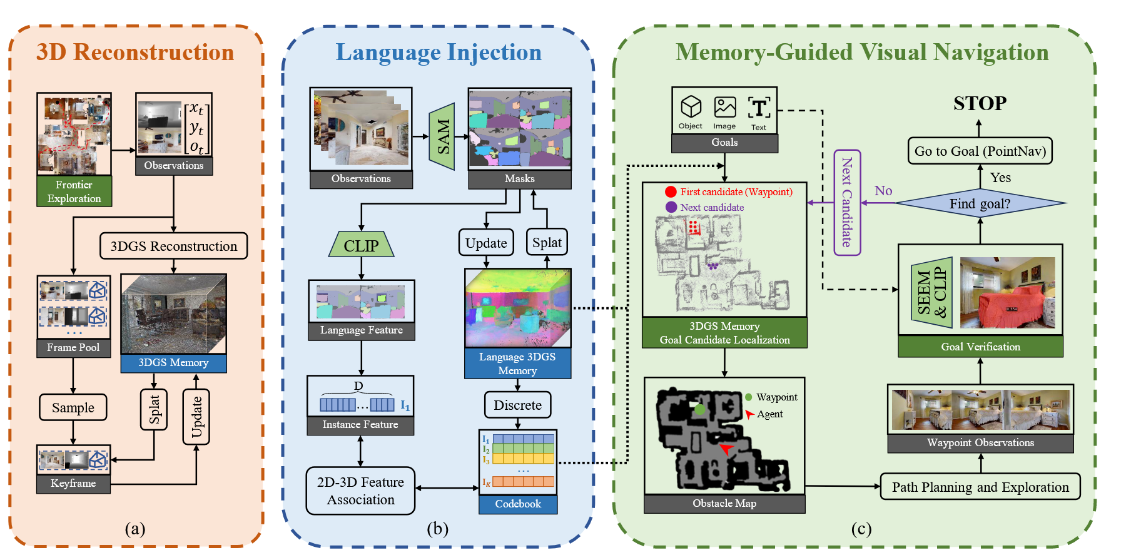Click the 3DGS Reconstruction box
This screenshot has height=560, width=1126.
pyautogui.click(x=173, y=246)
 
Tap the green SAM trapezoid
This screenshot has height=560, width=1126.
pyautogui.click(x=442, y=136)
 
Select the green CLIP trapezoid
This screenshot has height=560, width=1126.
pyautogui.click(x=361, y=245)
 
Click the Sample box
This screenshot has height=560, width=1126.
pyautogui.click(x=73, y=407)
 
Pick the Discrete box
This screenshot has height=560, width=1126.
pyautogui.click(x=517, y=405)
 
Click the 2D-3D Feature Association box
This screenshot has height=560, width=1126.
pyautogui.click(x=360, y=491)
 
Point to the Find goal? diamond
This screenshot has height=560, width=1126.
pyautogui.click(x=980, y=203)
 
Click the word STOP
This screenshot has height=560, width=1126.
pyautogui.click(x=980, y=103)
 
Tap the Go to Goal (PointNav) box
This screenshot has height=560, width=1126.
pyautogui.click(x=980, y=151)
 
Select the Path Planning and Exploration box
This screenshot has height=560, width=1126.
pyautogui.click(x=980, y=487)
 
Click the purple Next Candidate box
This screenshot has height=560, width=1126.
pyautogui.click(x=847, y=202)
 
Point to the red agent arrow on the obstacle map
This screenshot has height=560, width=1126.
pyautogui.click(x=726, y=449)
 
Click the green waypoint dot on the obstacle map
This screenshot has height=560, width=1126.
pyautogui.click(x=700, y=409)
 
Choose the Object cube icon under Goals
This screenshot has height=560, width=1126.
pyautogui.click(x=691, y=107)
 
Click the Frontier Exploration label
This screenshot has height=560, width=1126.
pyautogui.click(x=74, y=191)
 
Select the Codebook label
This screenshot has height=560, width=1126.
pyautogui.click(x=518, y=504)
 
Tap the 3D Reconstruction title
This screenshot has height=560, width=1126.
pyautogui.click(x=135, y=52)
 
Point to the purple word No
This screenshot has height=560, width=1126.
pyautogui.click(x=883, y=191)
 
